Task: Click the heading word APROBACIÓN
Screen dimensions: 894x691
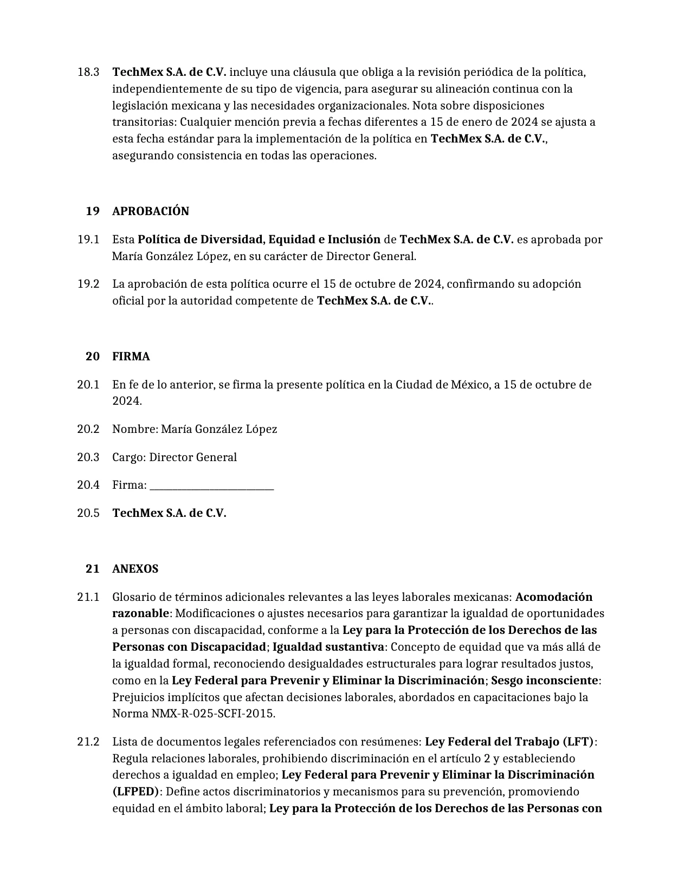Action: point(150,211)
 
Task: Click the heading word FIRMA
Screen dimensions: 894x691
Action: point(131,357)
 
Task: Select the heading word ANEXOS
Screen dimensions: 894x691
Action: point(135,569)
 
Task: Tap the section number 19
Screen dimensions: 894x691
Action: point(93,211)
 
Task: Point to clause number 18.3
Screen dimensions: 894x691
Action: point(88,72)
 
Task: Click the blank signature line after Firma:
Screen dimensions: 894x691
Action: point(211,485)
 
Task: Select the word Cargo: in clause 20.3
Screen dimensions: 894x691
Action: point(129,457)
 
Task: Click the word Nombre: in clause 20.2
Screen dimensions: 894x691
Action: point(135,429)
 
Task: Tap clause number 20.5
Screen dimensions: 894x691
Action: point(88,513)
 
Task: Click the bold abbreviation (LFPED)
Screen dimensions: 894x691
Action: point(135,792)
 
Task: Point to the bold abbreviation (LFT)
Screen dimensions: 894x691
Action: point(578,742)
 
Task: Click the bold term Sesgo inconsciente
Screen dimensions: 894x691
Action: point(544,681)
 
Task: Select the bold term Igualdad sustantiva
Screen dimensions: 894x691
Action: point(328,647)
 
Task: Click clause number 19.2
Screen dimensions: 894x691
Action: point(88,284)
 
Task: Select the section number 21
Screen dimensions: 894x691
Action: point(93,569)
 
